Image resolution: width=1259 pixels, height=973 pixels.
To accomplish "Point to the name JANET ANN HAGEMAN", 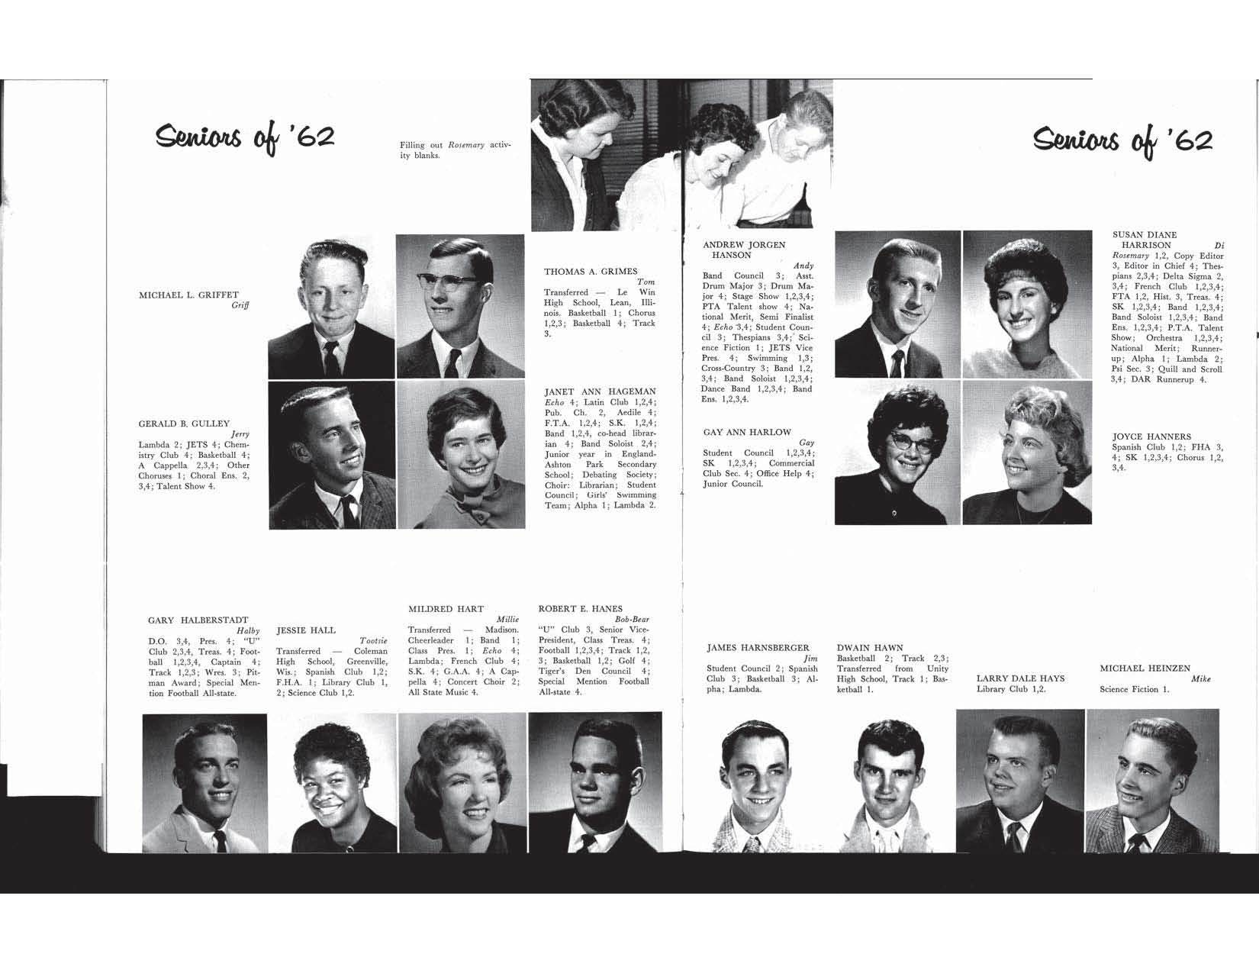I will tap(600, 391).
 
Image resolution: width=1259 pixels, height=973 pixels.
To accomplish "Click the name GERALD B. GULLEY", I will tap(184, 424).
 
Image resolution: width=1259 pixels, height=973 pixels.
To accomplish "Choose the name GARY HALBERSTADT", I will tap(198, 620).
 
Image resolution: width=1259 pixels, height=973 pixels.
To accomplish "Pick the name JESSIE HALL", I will tap(305, 630).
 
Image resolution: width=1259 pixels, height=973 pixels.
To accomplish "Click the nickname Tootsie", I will tap(372, 641).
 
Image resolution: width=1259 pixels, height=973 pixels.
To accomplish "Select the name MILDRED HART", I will tap(446, 609).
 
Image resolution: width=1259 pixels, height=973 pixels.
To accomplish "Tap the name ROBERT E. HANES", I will tap(580, 609).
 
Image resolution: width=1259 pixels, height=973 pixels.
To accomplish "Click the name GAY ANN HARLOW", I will tap(747, 432).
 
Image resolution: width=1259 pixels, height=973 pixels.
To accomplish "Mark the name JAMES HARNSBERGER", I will tap(758, 648).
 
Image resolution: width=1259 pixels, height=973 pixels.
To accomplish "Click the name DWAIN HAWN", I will tap(869, 648).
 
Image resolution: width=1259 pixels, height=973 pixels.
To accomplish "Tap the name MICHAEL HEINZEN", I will tap(1145, 669).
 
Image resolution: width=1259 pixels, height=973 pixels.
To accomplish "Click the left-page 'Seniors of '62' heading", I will tap(244, 139).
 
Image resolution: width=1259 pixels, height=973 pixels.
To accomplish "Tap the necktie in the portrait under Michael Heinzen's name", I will tap(1138, 842).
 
